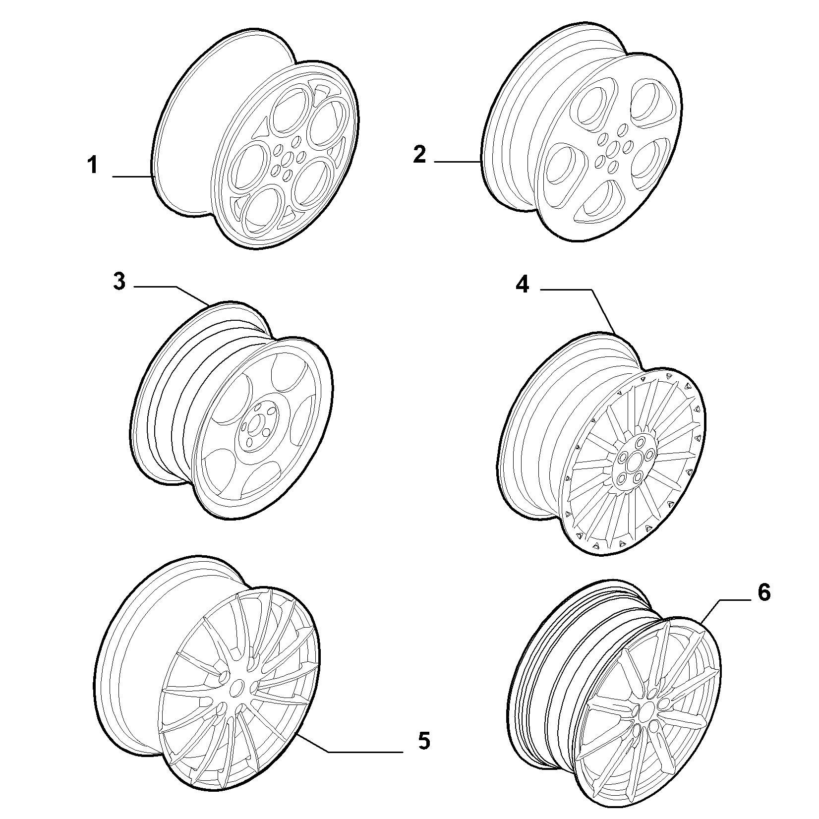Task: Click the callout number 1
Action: pos(93,165)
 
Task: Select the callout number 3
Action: pos(119,282)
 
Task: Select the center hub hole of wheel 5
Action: pos(238,688)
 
